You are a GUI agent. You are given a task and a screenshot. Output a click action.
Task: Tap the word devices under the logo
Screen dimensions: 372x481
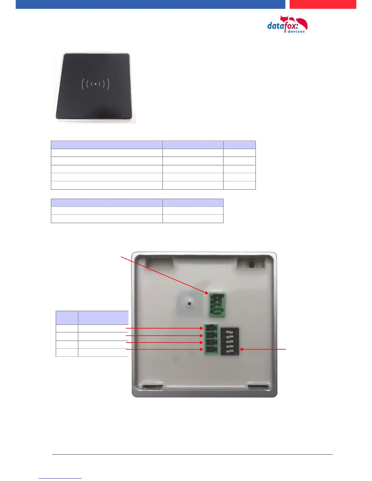tap(296, 32)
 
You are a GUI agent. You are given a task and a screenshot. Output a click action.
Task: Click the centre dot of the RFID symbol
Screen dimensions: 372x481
tap(95, 84)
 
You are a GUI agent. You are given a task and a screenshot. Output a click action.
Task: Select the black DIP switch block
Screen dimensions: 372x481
tap(230, 341)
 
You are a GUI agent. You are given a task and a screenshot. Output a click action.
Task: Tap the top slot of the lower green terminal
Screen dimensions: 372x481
tap(211, 328)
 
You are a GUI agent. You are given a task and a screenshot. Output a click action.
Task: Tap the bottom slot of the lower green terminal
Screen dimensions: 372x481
tap(211, 350)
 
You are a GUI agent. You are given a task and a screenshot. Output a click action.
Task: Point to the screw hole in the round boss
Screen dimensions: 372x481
tap(189, 303)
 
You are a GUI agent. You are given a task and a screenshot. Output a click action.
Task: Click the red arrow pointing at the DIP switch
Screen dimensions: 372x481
tap(263, 350)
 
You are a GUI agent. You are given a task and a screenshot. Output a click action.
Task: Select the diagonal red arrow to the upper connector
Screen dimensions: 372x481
tap(164, 275)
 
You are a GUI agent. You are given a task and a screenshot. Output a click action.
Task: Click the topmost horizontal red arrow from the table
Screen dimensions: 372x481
tap(164, 328)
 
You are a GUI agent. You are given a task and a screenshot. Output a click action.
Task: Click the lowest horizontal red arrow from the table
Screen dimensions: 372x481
tap(164, 350)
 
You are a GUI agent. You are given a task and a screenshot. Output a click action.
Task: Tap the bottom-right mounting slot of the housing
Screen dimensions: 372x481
tap(258, 387)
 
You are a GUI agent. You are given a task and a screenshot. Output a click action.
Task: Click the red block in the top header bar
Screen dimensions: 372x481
tap(322, 4)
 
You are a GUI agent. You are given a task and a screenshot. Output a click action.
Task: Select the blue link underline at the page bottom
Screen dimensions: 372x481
tap(60, 478)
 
